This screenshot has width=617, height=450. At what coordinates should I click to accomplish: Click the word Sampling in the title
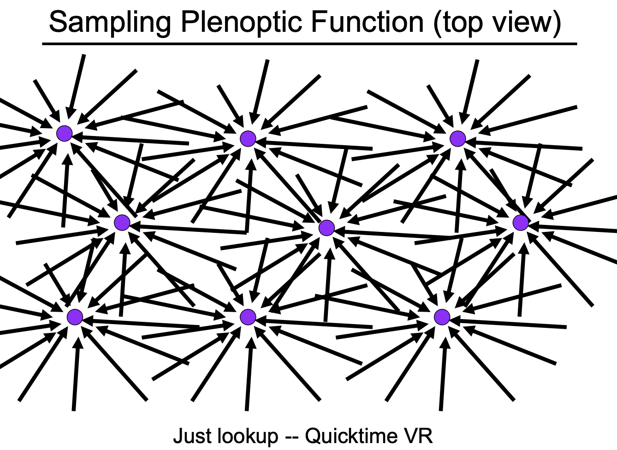[x=110, y=22]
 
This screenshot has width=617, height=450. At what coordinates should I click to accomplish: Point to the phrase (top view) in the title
[x=497, y=22]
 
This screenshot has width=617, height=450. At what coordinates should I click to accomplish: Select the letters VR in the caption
[x=419, y=436]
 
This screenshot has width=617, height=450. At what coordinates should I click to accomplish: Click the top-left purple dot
[x=65, y=134]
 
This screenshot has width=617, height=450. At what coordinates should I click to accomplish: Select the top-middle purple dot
[x=248, y=138]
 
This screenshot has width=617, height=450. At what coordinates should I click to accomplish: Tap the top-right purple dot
[x=458, y=138]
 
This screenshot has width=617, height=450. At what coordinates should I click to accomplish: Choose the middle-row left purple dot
[x=122, y=223]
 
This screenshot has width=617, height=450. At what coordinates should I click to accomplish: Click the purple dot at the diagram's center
[x=326, y=227]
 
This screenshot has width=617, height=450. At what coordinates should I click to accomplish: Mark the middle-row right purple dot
[x=521, y=223]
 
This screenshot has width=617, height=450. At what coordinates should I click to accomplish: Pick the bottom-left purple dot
[x=75, y=317]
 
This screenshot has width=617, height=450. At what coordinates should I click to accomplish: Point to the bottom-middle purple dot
[x=248, y=317]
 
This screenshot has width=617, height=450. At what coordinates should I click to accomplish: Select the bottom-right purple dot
[x=442, y=317]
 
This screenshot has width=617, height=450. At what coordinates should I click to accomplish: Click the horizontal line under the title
[x=309, y=44]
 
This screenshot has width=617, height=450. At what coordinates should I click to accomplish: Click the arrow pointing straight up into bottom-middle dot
[x=249, y=373]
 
